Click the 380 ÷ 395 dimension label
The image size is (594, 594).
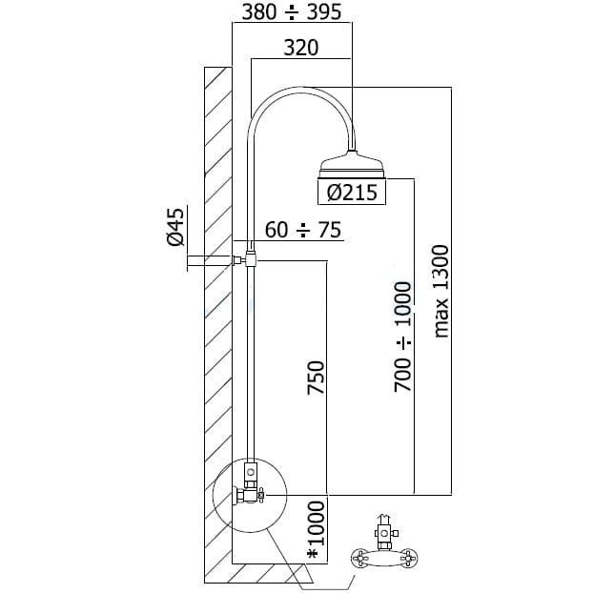click(292, 11)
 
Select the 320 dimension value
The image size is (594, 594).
click(301, 48)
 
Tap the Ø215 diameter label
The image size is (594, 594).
click(352, 192)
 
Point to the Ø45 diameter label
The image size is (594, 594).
click(175, 227)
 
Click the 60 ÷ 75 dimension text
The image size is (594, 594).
click(303, 230)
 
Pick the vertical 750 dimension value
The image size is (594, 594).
click(316, 378)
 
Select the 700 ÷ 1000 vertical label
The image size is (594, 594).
click(402, 337)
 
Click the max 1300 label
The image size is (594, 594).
click(440, 291)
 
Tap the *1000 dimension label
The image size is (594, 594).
click(317, 529)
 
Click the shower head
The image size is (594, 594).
click(353, 165)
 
